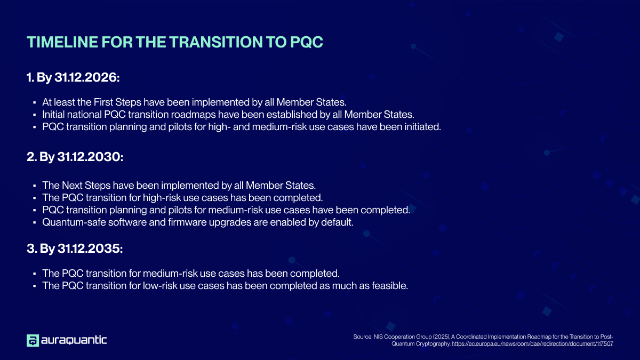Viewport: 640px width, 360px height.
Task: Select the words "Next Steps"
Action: pos(85,186)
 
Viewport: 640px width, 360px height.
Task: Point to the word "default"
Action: pos(335,222)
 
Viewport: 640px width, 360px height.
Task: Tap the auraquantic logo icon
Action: pos(33,340)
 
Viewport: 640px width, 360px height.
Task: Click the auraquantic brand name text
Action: pos(75,340)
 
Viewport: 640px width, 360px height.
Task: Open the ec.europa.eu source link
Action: pos(532,344)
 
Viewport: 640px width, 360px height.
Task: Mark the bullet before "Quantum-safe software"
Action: pos(34,223)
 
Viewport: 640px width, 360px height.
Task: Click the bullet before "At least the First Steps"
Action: pos(34,101)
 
